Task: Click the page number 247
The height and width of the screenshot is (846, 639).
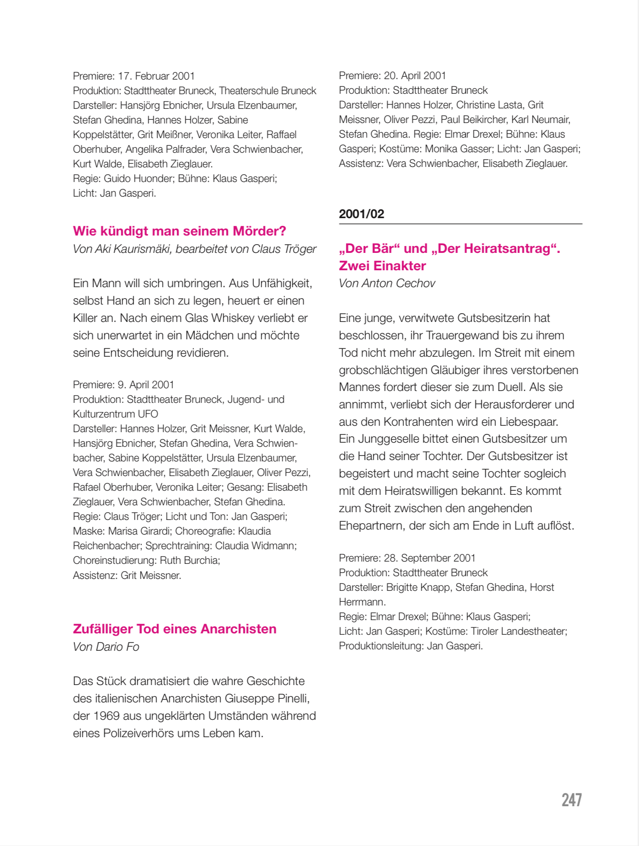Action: tap(571, 800)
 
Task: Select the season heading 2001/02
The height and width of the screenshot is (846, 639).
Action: tap(361, 214)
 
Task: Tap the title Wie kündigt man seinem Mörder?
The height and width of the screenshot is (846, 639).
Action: tap(179, 231)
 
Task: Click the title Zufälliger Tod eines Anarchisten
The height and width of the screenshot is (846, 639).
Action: tap(174, 629)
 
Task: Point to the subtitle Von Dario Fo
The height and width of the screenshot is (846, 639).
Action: tap(106, 647)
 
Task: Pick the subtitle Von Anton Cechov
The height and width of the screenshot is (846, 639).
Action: tap(387, 284)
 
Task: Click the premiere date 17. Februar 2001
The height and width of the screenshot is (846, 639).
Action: tap(156, 76)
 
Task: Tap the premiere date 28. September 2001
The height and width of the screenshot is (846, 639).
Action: tap(430, 558)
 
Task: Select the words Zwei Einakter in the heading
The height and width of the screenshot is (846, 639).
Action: tap(382, 266)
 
